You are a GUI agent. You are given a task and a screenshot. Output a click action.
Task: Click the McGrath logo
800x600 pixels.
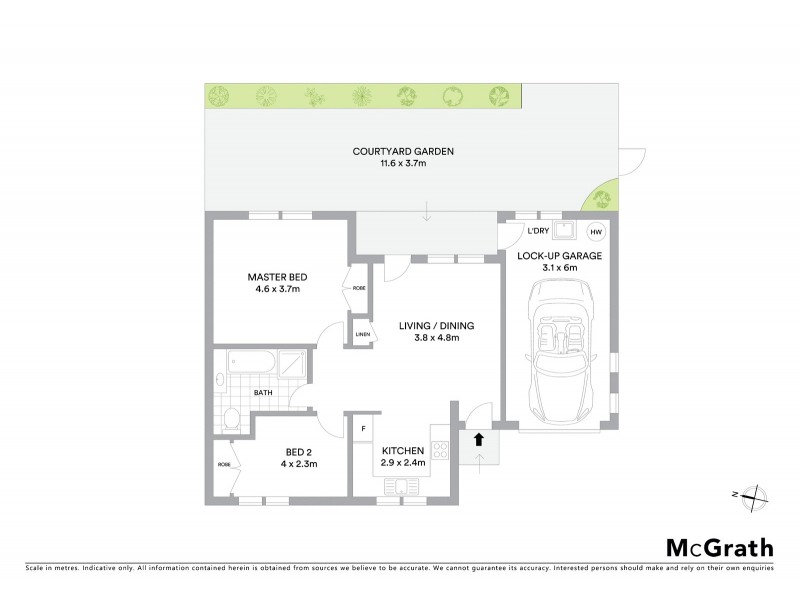[x=720, y=547]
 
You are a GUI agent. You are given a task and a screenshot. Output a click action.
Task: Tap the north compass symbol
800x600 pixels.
[x=756, y=494]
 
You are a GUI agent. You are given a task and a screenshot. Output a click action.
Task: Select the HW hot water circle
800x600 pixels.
[x=596, y=232]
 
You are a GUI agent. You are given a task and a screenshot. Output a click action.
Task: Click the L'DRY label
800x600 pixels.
[x=526, y=232]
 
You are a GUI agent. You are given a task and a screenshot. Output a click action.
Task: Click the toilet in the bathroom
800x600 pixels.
[x=230, y=419]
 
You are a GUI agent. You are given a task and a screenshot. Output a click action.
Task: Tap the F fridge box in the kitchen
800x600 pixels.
[x=364, y=429]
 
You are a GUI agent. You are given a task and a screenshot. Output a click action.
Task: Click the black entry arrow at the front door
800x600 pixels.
[x=478, y=438]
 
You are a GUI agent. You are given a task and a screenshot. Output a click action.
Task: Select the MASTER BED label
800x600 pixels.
[x=278, y=277]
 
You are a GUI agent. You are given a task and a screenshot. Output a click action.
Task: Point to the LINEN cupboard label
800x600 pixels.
[x=360, y=335]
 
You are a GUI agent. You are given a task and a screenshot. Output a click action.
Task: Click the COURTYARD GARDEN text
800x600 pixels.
[x=403, y=152]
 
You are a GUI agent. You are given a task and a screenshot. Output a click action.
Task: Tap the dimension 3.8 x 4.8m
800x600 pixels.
[x=436, y=338]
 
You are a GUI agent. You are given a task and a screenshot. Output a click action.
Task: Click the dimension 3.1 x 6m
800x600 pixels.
[x=559, y=267]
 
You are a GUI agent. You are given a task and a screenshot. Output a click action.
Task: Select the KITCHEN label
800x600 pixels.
[x=403, y=450]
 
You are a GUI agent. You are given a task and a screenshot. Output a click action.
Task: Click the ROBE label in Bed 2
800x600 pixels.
[x=224, y=465]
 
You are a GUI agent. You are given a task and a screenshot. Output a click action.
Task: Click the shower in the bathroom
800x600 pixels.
[x=291, y=365]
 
